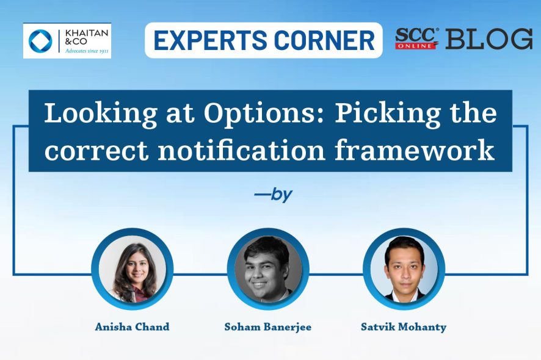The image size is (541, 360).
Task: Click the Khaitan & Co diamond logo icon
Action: coord(40,41)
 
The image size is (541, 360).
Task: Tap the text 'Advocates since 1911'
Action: coord(87,51)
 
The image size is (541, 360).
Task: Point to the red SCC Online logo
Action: coord(417,38)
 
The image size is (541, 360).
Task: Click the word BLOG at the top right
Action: coord(489,38)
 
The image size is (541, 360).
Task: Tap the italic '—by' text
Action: coord(274,195)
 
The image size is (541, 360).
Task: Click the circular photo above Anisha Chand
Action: coord(133,269)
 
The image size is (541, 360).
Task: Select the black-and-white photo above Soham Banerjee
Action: coord(268,269)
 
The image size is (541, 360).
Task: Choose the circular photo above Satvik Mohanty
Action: coord(404,269)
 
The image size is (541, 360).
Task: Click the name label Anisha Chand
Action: coord(132,326)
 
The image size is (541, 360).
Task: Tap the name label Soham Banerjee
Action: coord(267,327)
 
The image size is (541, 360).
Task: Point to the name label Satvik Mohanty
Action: coord(404,327)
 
